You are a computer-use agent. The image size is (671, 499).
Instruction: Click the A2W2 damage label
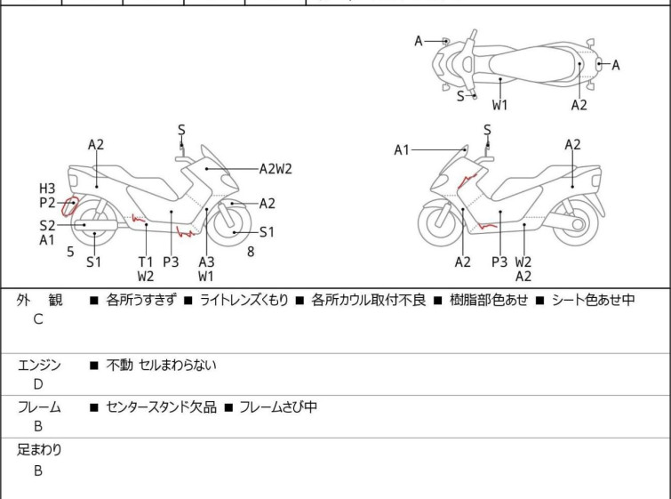pos(276,167)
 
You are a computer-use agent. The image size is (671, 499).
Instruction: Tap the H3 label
pos(47,188)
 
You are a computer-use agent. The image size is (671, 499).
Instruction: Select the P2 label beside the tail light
pos(47,204)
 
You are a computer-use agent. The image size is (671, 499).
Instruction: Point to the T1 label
pos(146,262)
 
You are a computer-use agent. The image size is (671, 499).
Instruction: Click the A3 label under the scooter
pos(206,262)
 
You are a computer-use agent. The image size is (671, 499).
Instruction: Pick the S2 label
pos(47,225)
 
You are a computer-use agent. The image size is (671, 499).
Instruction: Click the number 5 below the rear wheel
pos(70,252)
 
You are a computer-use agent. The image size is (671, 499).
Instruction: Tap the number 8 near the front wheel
pos(251,252)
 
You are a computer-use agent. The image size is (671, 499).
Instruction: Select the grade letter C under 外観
pos(38,318)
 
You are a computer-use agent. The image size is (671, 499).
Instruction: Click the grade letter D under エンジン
pos(38,384)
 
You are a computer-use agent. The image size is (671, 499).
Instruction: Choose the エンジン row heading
pos(40,365)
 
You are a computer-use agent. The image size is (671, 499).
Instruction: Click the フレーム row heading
pos(40,407)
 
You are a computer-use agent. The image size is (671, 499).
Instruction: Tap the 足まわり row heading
pos(40,450)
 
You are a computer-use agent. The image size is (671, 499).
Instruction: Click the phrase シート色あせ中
pos(593,300)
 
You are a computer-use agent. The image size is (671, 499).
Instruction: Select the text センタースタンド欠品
pos(161,407)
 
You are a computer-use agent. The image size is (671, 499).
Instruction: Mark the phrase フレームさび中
pos(277,407)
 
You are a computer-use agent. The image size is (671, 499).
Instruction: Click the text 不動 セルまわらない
pos(161,365)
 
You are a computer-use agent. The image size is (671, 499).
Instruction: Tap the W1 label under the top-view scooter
pos(500,105)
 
